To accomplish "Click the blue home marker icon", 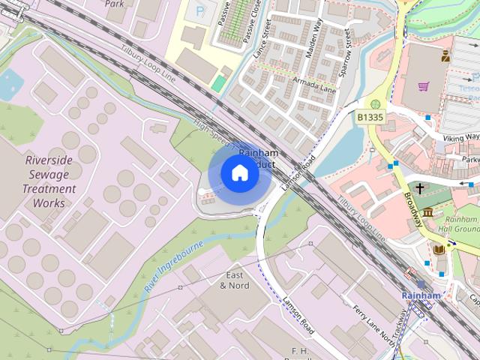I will point(239,172).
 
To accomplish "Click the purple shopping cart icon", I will point(424,86).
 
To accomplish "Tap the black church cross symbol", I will point(420,189).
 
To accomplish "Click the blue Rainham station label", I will point(421,295).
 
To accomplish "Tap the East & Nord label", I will point(235,280).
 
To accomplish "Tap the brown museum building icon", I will point(427,214).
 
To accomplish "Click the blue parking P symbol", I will point(199,10).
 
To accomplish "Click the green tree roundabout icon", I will point(376,103).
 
